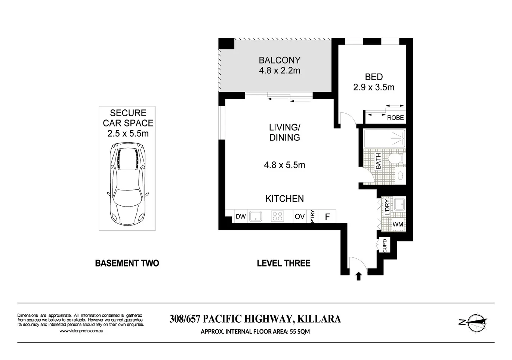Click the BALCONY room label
280,60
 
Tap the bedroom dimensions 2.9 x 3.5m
374,87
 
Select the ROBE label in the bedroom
395,118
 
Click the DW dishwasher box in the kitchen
241,216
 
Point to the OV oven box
300,216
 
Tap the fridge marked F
327,217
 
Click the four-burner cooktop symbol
278,216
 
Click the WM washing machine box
398,224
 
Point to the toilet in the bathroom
396,158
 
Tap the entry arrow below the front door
358,276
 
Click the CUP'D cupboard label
385,246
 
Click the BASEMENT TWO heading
127,263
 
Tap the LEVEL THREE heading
284,263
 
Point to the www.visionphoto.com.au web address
81,331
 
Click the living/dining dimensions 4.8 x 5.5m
284,165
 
